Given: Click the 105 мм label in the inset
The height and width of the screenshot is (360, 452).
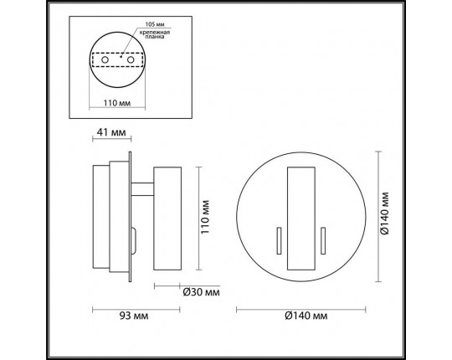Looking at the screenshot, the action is click(155, 24).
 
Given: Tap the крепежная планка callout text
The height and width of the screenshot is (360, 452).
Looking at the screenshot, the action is click(155, 34).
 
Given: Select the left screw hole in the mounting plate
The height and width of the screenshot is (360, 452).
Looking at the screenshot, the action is click(105, 60).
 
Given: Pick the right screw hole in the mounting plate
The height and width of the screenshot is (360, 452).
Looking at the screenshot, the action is click(131, 60).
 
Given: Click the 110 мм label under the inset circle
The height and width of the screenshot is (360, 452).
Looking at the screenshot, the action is click(117, 103).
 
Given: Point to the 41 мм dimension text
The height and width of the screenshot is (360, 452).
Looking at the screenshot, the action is click(111, 132).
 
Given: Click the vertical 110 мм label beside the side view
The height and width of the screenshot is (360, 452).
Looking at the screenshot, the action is click(205, 217).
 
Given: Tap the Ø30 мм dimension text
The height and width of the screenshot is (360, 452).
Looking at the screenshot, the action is click(201, 292).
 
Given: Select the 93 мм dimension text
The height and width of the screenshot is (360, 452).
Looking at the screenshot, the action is click(134, 316).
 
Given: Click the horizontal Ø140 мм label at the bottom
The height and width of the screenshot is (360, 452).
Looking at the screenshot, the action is click(306, 316).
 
